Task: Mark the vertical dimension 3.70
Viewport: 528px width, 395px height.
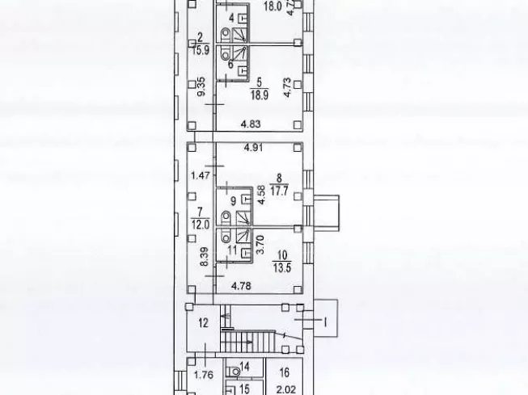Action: point(260,243)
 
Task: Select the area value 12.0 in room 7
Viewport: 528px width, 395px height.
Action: point(200,223)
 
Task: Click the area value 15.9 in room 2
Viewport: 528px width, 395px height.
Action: point(200,48)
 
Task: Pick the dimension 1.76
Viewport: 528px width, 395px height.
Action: point(202,376)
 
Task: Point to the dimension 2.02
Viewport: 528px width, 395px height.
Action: point(284,389)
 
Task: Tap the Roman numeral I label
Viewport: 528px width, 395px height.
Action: point(326,321)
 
